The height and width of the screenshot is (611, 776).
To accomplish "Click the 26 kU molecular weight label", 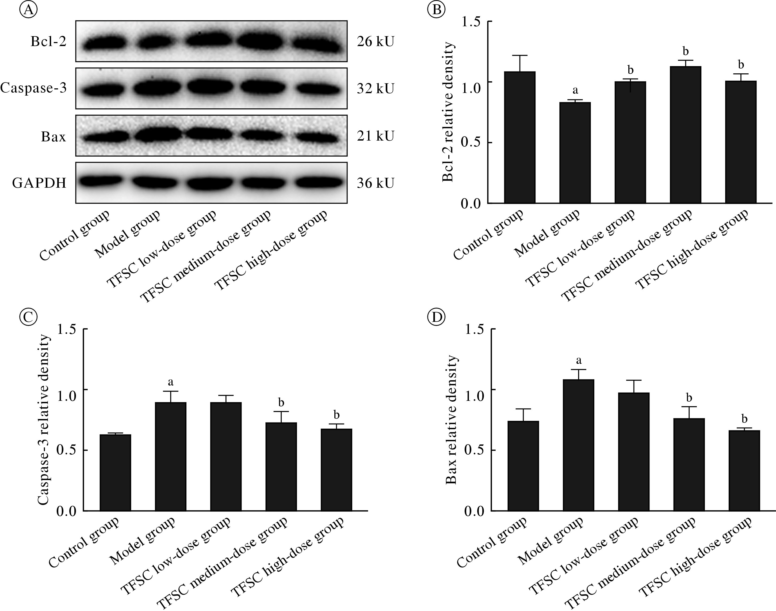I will click(375, 42).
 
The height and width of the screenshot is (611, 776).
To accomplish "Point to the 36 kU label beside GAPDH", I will click(375, 183).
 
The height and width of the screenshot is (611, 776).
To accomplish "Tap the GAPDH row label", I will click(39, 183).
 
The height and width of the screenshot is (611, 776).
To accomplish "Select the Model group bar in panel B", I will click(575, 153).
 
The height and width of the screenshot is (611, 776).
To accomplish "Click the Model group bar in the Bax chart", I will click(578, 445).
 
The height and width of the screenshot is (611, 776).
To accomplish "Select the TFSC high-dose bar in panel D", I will click(744, 470).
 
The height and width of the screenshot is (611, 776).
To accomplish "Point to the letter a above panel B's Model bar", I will click(575, 90).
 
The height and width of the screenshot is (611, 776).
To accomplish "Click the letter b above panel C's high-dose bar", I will click(336, 415).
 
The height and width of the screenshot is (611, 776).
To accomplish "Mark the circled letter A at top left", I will click(29, 10).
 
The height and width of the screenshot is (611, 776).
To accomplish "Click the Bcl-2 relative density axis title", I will click(448, 112).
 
